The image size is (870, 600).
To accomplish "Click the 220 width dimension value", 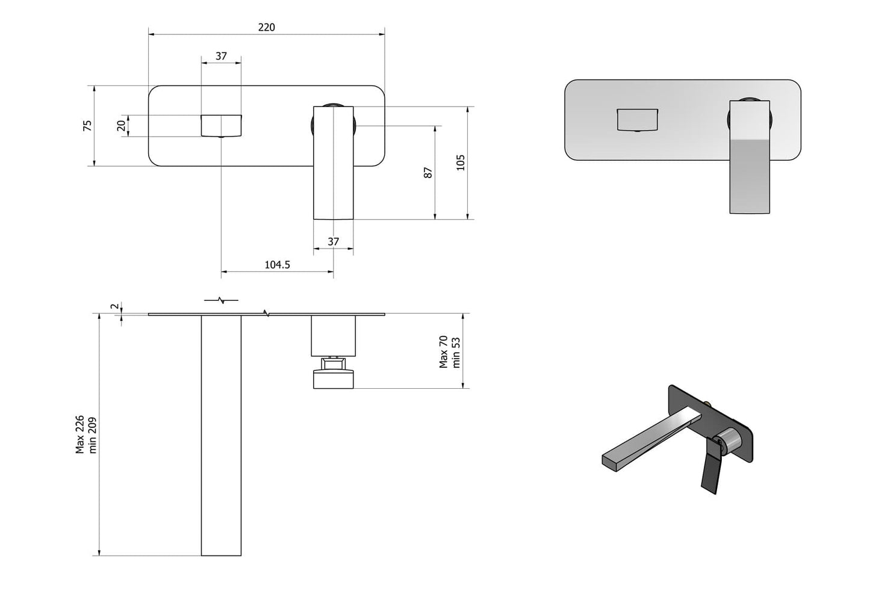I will [x=266, y=27].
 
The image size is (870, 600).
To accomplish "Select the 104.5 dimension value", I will [x=277, y=264].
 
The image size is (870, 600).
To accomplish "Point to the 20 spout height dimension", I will [x=121, y=125].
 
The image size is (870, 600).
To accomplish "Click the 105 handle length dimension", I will [x=461, y=162].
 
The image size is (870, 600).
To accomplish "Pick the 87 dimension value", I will [x=428, y=172].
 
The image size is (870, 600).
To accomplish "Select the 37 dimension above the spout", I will [x=221, y=56].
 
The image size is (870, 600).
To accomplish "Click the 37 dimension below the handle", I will [x=333, y=241].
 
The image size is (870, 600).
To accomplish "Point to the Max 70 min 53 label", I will [x=449, y=351].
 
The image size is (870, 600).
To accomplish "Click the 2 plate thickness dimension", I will [x=114, y=306].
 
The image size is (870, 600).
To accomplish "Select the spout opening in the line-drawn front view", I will [x=221, y=125].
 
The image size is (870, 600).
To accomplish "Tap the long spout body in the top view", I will [x=221, y=433].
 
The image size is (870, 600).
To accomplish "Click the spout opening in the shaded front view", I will [x=637, y=119].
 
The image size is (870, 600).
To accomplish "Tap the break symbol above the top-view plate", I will [x=221, y=299].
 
